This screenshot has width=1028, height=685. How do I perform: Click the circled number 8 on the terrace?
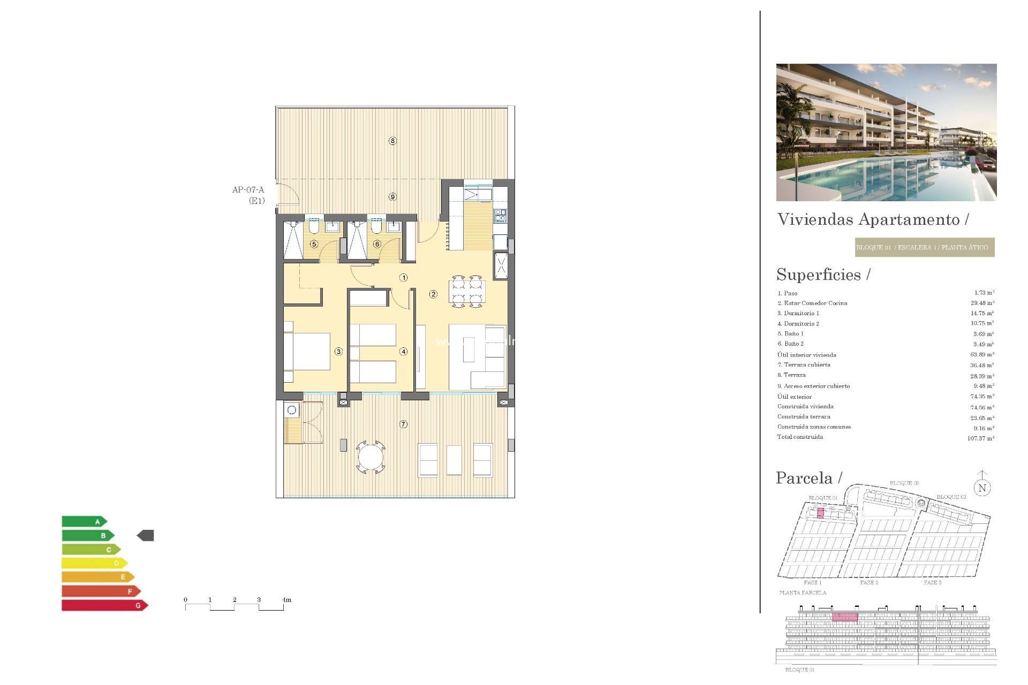click(392, 141)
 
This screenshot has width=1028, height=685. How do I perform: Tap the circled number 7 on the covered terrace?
click(403, 424)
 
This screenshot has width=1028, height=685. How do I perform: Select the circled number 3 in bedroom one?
click(338, 352)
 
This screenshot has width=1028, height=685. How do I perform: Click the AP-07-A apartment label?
click(248, 190)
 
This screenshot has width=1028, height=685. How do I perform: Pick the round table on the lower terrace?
click(371, 457)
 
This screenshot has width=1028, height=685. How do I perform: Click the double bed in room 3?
click(307, 351)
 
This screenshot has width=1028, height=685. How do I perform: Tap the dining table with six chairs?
click(467, 291)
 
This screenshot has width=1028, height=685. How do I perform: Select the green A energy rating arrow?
click(84, 521)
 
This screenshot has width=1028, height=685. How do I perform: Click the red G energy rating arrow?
click(104, 605)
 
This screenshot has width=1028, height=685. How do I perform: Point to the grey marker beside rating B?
click(146, 535)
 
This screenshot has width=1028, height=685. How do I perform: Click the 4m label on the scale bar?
click(287, 600)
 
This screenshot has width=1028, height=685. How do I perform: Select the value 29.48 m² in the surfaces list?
click(982, 303)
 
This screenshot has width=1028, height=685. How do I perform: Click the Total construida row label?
click(800, 437)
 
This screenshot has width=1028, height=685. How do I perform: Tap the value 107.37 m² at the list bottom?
click(980, 438)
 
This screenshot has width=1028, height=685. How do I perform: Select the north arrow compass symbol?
click(982, 485)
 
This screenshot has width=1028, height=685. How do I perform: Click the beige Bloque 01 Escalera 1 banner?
click(924, 247)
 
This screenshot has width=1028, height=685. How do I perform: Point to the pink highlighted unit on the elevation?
click(845, 617)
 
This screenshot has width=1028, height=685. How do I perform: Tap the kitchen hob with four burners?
click(500, 216)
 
